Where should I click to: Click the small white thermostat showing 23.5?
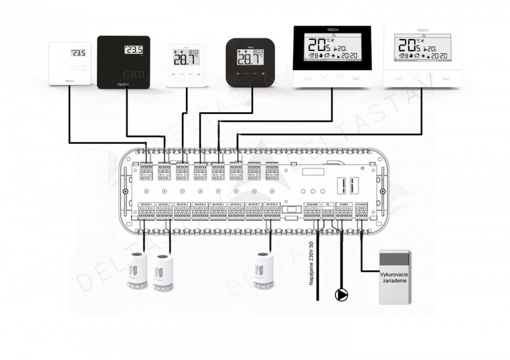click(70, 64)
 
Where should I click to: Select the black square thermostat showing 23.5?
click(123, 62)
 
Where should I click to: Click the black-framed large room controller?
click(331, 57)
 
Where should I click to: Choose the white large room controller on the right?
click(423, 57)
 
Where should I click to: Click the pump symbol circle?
click(341, 295)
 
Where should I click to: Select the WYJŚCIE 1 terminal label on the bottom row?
click(147, 205)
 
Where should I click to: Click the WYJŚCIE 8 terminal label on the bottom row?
click(272, 205)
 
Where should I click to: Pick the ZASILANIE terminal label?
click(312, 205)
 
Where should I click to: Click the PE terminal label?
click(328, 205)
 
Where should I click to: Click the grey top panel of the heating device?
click(394, 259)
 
